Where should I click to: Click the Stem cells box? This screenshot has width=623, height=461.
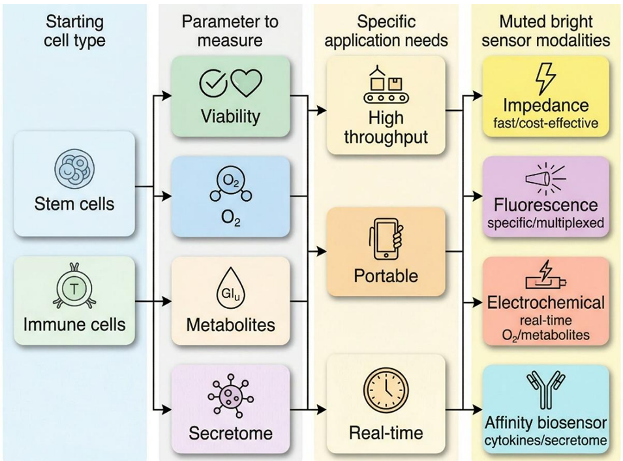[x=74, y=183]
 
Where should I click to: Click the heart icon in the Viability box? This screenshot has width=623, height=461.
[x=247, y=82]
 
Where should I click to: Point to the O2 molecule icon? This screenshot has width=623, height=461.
[x=230, y=185]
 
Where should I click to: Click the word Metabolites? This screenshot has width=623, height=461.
[x=230, y=325]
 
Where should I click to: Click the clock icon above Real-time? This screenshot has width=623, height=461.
[x=386, y=387]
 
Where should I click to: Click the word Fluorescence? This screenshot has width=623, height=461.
[x=545, y=205]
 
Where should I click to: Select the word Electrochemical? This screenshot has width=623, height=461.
[x=545, y=303]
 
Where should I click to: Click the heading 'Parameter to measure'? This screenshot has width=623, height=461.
[x=230, y=30]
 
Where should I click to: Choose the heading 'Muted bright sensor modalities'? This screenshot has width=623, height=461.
[x=545, y=30]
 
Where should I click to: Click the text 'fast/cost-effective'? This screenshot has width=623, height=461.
[x=545, y=122]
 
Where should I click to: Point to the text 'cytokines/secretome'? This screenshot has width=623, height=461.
[x=545, y=441]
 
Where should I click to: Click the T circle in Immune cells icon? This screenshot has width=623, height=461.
[x=74, y=287]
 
